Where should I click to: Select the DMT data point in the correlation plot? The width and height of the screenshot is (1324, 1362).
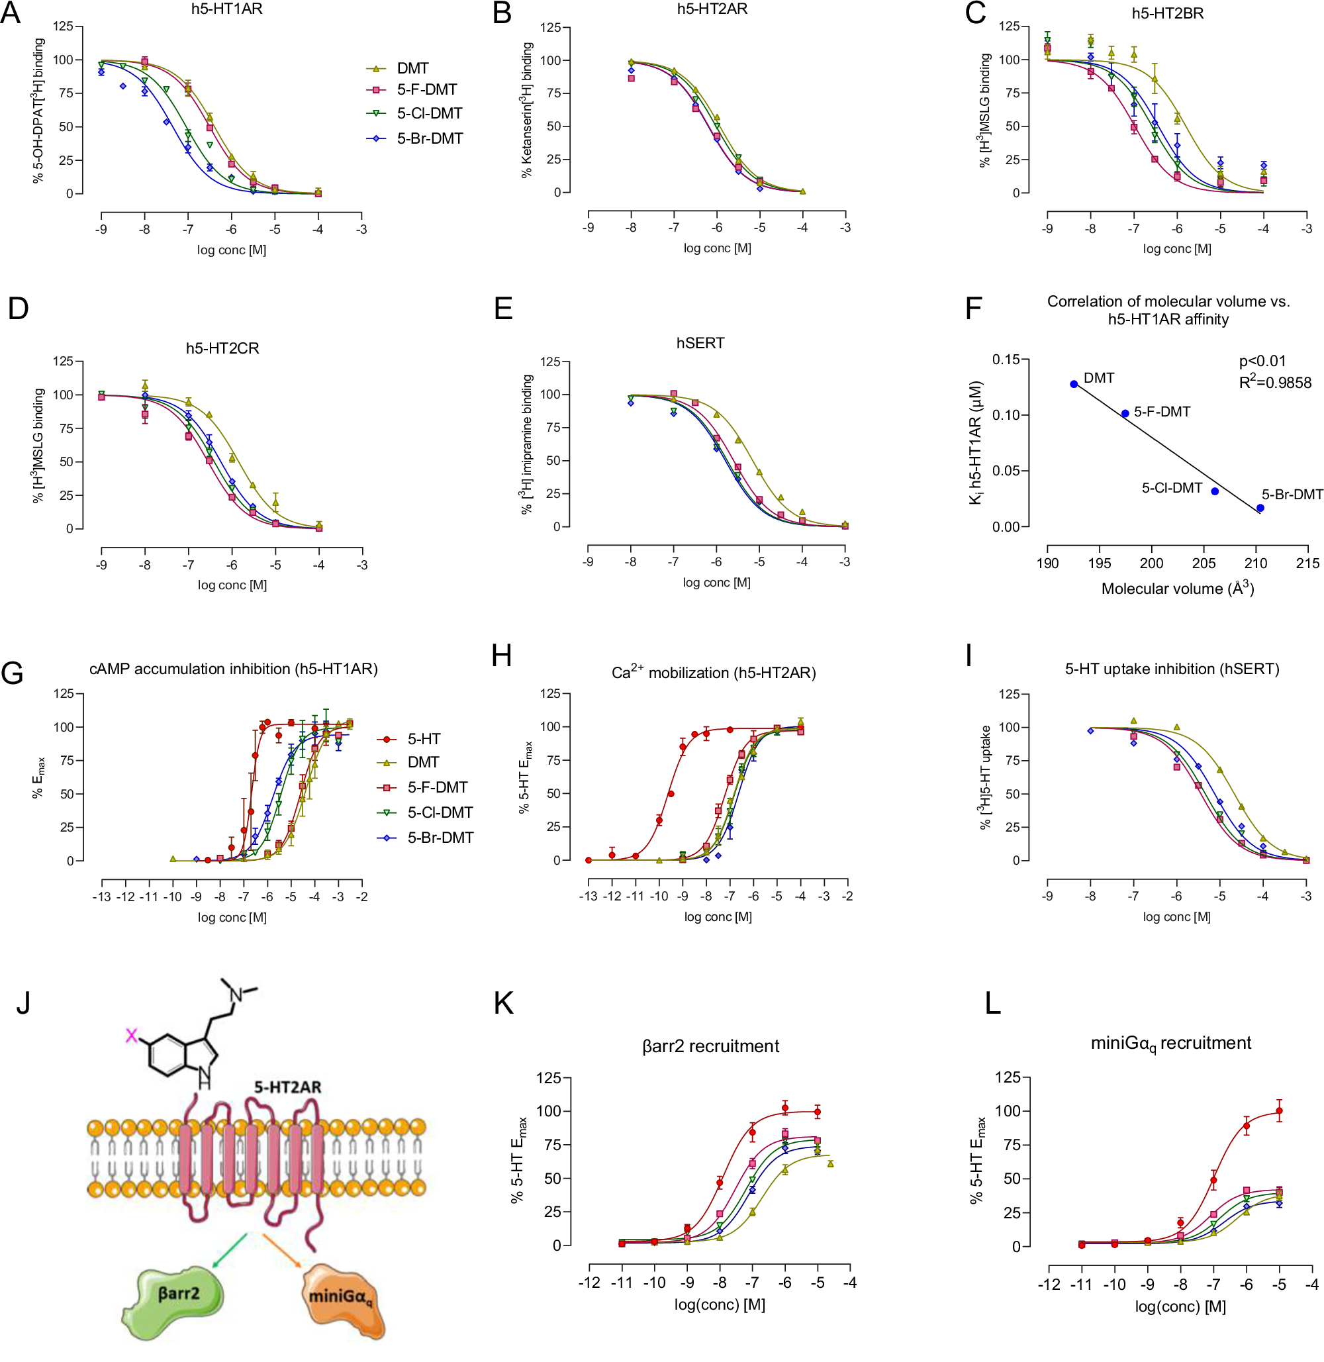click(1074, 384)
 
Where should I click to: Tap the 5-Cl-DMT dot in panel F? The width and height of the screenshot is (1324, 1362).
click(1215, 491)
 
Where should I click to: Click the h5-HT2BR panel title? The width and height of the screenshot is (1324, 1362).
click(1168, 13)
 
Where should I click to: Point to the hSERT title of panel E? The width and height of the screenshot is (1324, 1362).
click(700, 343)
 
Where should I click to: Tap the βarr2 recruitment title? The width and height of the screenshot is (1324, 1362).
click(711, 1046)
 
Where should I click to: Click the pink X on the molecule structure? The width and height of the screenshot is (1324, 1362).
click(130, 1036)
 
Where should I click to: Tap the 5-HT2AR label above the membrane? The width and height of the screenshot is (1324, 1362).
click(287, 1087)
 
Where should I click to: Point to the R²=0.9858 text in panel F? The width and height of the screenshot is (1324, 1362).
click(1274, 382)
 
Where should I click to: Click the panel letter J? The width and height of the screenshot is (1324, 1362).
click(23, 1002)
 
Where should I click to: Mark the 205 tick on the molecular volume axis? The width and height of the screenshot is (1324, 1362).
click(1204, 563)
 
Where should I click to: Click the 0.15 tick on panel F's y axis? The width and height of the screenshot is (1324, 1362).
click(1006, 360)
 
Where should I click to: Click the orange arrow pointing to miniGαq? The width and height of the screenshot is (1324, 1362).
click(282, 1250)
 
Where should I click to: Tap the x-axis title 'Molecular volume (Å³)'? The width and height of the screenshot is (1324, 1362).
click(1177, 589)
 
